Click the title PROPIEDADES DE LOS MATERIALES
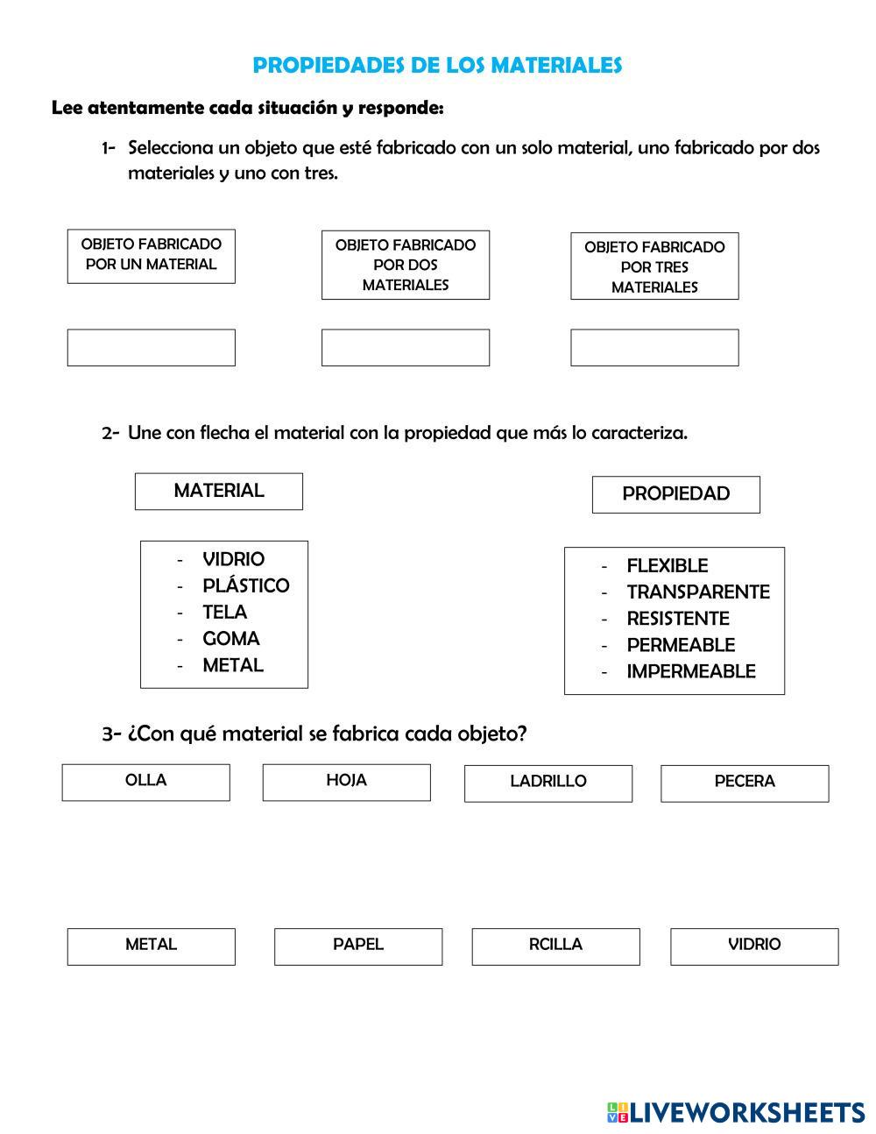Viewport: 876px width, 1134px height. click(437, 66)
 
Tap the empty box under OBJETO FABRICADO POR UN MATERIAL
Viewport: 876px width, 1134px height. click(152, 348)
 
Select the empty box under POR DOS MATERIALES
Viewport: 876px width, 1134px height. click(406, 348)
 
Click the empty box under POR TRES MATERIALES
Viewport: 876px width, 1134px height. click(654, 348)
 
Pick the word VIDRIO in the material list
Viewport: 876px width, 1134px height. click(233, 559)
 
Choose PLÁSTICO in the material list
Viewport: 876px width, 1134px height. click(245, 585)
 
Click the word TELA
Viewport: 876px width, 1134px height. click(224, 612)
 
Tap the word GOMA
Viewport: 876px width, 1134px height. click(230, 639)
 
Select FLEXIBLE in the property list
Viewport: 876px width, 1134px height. click(668, 566)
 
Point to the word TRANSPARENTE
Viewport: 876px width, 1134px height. click(698, 592)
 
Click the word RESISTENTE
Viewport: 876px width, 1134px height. click(678, 619)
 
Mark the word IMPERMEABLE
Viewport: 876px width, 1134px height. click(691, 672)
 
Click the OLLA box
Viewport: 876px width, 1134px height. click(146, 782)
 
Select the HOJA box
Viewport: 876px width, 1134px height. click(347, 782)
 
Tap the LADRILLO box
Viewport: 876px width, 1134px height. click(548, 783)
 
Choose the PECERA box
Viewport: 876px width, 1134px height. click(745, 783)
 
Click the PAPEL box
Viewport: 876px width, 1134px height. click(358, 946)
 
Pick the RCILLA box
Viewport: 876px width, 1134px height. click(556, 946)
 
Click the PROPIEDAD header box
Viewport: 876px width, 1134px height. click(676, 494)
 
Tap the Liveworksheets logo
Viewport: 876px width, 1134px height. click(736, 1113)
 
